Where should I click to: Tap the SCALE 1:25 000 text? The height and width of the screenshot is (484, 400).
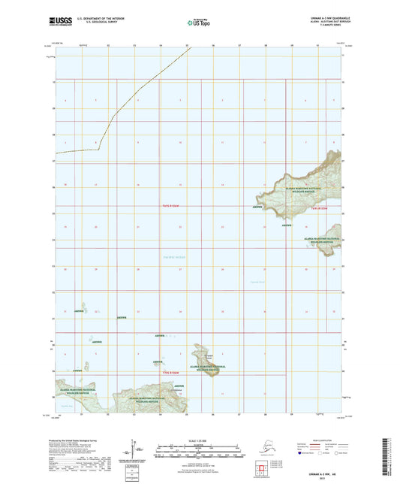(x=200, y=440)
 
